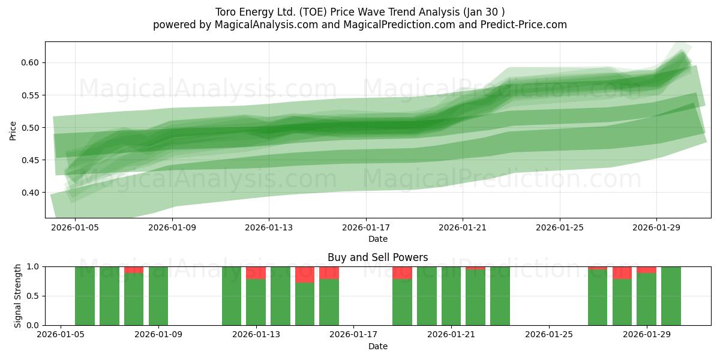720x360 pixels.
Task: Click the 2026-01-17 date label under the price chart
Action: click(365, 228)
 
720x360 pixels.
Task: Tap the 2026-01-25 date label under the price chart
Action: click(559, 228)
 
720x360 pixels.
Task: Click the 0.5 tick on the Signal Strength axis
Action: click(34, 296)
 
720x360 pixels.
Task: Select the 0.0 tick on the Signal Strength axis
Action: click(34, 325)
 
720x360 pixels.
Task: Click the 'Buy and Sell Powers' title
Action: click(377, 257)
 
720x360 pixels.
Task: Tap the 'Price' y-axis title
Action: click(14, 130)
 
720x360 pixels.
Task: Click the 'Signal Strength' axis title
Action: click(18, 296)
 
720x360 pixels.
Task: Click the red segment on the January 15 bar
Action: click(305, 274)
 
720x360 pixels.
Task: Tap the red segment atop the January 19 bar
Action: click(402, 272)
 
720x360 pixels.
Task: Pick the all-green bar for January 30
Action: click(671, 296)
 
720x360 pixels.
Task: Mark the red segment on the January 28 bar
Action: click(622, 272)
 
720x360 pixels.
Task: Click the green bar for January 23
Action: click(500, 296)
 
